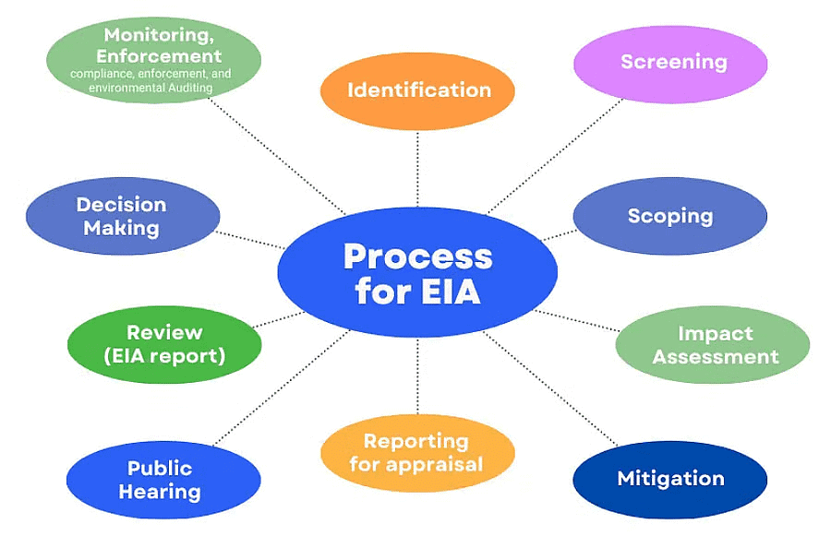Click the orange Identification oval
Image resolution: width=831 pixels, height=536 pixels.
click(x=417, y=90)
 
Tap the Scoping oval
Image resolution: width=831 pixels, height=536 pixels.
click(x=670, y=216)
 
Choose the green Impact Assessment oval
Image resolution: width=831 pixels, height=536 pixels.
click(x=713, y=345)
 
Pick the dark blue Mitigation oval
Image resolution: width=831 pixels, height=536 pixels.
click(x=670, y=479)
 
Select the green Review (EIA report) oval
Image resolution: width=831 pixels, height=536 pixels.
click(x=164, y=343)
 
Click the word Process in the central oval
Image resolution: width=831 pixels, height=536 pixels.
click(x=417, y=256)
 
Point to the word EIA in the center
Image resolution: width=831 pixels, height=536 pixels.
click(x=452, y=292)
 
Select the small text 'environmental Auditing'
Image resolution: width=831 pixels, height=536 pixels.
click(x=151, y=88)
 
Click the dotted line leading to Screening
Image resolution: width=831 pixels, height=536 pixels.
click(x=554, y=157)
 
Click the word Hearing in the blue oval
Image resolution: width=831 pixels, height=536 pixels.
click(x=163, y=492)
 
